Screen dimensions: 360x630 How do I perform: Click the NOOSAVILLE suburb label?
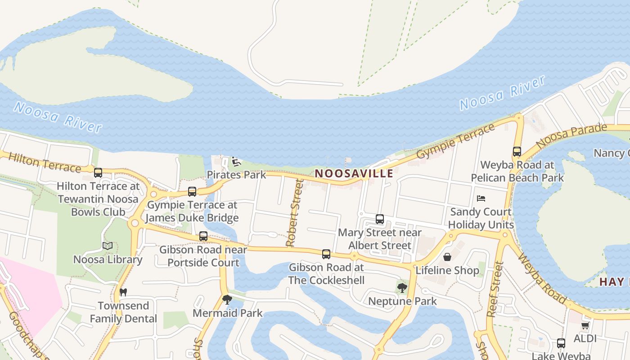point(354,173)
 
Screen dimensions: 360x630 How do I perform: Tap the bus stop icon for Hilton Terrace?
point(98,172)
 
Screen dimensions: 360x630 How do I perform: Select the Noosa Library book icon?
point(107,246)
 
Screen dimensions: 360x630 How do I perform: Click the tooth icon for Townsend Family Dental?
point(123,292)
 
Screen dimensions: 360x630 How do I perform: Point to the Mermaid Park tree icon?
point(227,299)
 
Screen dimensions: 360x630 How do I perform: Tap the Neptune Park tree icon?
point(402,288)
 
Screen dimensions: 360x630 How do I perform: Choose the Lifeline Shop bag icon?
point(447,257)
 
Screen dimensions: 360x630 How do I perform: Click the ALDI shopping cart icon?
point(585,325)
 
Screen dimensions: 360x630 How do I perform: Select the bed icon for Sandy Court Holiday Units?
point(481,198)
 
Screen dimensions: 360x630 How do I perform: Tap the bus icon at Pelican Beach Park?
point(517,152)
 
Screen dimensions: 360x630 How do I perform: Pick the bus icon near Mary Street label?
point(380,219)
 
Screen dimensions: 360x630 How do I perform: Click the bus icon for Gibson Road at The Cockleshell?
point(326,254)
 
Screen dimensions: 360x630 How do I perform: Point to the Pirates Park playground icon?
point(235,161)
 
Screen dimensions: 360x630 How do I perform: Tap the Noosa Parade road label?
point(571,135)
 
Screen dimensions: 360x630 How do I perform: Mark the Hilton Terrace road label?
point(44,162)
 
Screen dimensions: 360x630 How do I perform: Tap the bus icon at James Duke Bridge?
point(192,192)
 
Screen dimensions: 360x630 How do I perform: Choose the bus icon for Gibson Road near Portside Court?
point(203,236)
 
